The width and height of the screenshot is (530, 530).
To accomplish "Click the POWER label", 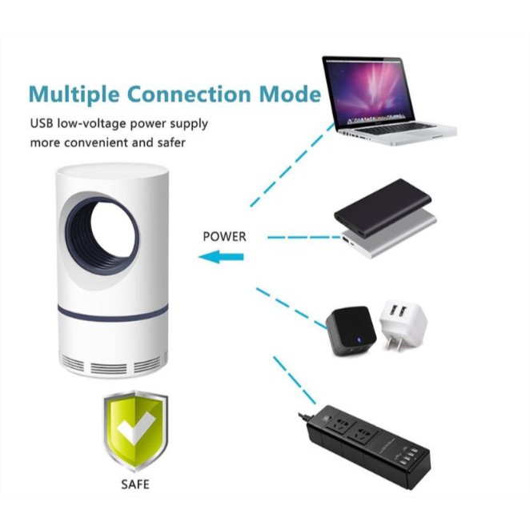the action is pos(224,236).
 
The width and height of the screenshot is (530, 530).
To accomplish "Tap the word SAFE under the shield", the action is pos(135,484).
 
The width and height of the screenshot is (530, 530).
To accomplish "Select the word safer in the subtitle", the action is pos(170,143).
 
